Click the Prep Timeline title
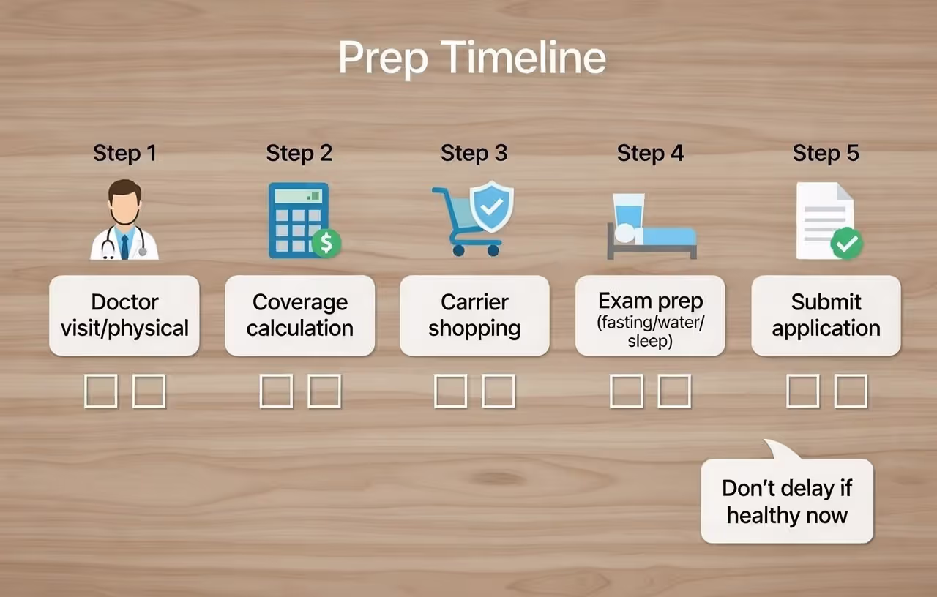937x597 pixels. pyautogui.click(x=472, y=59)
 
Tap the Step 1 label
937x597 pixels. pyautogui.click(x=124, y=153)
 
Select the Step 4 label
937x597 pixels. pyautogui.click(x=650, y=153)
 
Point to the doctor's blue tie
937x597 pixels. pyautogui.click(x=124, y=245)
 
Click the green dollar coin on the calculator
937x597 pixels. pyautogui.click(x=326, y=243)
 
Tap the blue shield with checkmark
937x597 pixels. pyautogui.click(x=491, y=207)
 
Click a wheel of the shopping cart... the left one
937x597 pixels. pyautogui.click(x=458, y=250)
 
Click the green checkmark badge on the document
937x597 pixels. pyautogui.click(x=847, y=244)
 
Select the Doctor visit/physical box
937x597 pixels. pyautogui.click(x=124, y=315)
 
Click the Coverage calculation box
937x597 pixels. pyautogui.click(x=299, y=315)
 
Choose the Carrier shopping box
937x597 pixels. pyautogui.click(x=474, y=315)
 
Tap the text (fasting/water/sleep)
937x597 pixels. pyautogui.click(x=650, y=331)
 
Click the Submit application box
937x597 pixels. pyautogui.click(x=826, y=315)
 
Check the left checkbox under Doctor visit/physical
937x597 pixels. pyautogui.click(x=101, y=391)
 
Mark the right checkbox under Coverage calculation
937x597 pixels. pyautogui.click(x=324, y=391)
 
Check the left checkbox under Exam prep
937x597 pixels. pyautogui.click(x=627, y=391)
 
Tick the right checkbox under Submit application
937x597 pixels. pyautogui.click(x=851, y=391)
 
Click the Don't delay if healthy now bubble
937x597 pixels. pyautogui.click(x=787, y=502)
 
